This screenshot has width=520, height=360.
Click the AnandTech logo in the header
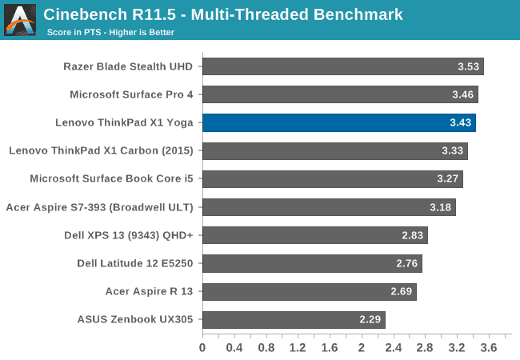(x=20, y=19)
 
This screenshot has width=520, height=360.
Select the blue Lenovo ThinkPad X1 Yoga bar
(x=338, y=122)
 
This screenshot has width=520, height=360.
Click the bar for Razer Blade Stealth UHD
(x=342, y=66)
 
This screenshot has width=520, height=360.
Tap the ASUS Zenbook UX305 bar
(x=293, y=320)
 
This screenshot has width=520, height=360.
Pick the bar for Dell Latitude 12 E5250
(x=311, y=263)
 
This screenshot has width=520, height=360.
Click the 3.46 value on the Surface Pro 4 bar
(x=463, y=94)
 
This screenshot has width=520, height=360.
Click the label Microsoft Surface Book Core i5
(x=112, y=178)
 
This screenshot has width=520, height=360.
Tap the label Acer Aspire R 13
(x=149, y=291)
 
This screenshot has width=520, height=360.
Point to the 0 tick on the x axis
(x=202, y=348)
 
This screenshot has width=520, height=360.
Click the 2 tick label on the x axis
(x=361, y=348)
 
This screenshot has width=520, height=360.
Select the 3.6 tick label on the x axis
(x=489, y=348)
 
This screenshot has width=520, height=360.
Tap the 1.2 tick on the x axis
(x=298, y=348)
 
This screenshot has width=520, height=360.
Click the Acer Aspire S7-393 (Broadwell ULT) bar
(x=328, y=207)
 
